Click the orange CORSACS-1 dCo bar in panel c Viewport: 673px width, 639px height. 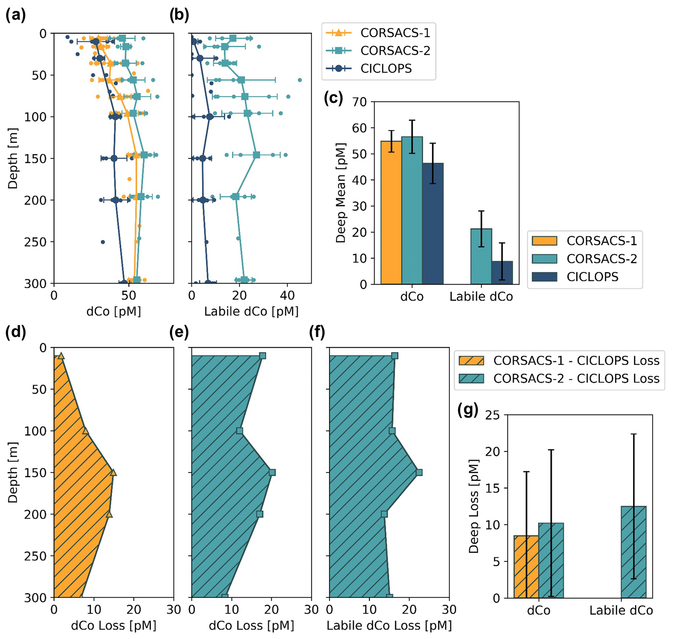pos(391,213)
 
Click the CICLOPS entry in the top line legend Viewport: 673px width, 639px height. pos(386,68)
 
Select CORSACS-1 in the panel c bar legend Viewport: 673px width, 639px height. pos(601,241)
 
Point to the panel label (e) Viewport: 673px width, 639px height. pos(179,332)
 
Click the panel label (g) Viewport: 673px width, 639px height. pos(468,410)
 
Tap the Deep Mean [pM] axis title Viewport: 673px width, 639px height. pos(341,192)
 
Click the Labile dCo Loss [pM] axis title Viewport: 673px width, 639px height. pos(389,625)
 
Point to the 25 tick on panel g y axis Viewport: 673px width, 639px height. pos(492,415)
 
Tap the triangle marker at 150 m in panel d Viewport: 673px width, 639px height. pos(113,473)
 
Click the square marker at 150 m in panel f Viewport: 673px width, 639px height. pos(419,473)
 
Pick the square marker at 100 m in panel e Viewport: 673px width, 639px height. pos(239,431)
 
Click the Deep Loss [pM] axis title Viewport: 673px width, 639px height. pos(473,506)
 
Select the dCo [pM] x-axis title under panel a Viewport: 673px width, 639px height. pos(113,311)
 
